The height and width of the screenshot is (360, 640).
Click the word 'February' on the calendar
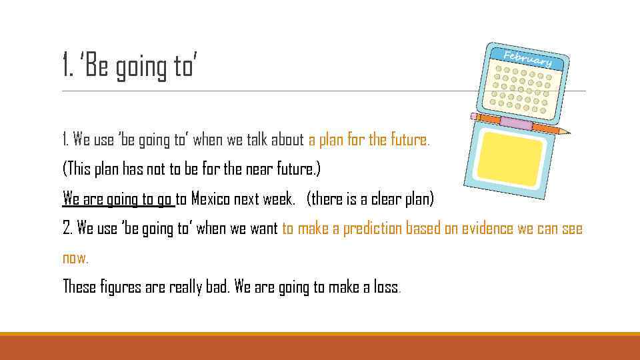coord(528,57)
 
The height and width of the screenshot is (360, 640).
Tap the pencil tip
coord(566,131)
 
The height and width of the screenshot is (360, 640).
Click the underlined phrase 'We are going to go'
coord(118,199)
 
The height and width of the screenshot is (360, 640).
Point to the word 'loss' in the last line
coord(389,287)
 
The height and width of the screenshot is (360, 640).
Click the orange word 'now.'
coord(75,257)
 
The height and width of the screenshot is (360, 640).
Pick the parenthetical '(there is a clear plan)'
coord(370,199)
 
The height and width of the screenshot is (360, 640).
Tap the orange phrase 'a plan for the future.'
coord(369,140)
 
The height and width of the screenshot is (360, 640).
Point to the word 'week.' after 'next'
coord(278,199)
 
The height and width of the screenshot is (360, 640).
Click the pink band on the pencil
coord(516,123)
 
